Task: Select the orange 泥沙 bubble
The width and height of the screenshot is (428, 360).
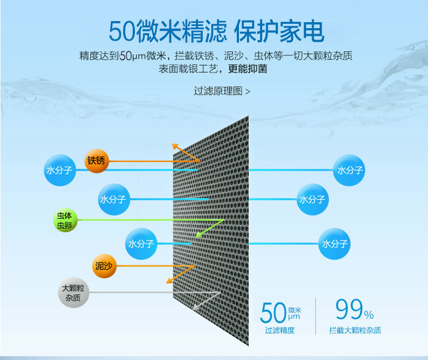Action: [x=103, y=266]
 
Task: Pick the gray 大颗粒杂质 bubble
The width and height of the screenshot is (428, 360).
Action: [x=74, y=294]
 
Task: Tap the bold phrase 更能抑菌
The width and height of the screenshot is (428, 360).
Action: [x=248, y=69]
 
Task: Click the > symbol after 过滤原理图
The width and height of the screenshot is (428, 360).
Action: [x=248, y=91]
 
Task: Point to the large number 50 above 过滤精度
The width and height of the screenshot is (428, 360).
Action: [x=273, y=313]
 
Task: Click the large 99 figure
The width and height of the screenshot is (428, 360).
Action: [x=348, y=311]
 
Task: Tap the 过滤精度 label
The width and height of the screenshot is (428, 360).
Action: [x=280, y=330]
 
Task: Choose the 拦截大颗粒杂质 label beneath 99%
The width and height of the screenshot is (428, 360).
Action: [x=355, y=330]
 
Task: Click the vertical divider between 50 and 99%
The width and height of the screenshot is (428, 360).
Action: [x=315, y=316]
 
